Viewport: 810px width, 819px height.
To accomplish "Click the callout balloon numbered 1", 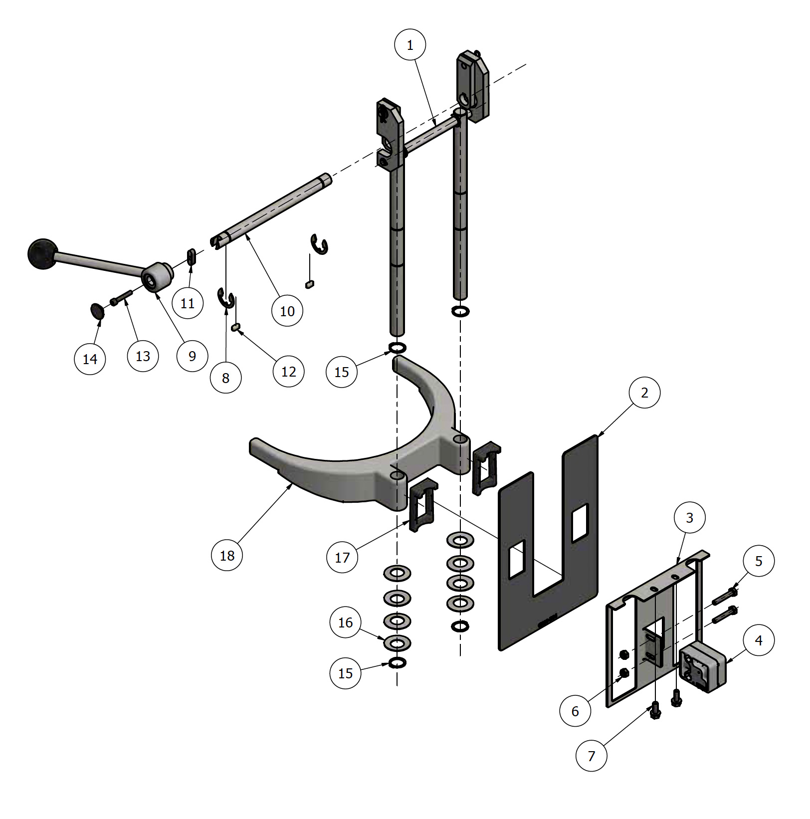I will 410,45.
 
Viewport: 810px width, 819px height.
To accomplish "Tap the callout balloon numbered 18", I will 227,555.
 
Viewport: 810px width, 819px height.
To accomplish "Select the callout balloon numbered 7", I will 591,756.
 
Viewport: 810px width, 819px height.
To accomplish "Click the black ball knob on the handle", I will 43,254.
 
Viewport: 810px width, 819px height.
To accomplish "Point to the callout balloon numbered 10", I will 287,311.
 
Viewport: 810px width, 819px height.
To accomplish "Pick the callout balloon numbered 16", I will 345,622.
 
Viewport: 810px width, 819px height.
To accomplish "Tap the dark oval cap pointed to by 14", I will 97,311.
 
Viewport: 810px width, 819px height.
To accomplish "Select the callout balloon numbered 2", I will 644,393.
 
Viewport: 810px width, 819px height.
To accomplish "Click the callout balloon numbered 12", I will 289,372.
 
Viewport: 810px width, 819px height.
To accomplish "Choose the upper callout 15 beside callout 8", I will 342,372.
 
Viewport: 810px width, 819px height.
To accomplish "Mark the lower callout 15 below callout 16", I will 345,673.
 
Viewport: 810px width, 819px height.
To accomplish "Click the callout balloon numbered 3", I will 689,518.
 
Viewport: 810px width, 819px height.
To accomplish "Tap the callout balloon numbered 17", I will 342,557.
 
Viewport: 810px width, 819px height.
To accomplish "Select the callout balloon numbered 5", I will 759,561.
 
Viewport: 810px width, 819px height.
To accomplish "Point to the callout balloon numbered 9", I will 193,356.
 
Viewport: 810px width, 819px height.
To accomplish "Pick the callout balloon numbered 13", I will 143,356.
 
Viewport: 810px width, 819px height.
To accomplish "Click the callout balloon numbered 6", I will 575,711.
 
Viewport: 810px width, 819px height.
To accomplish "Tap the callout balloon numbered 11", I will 188,303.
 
